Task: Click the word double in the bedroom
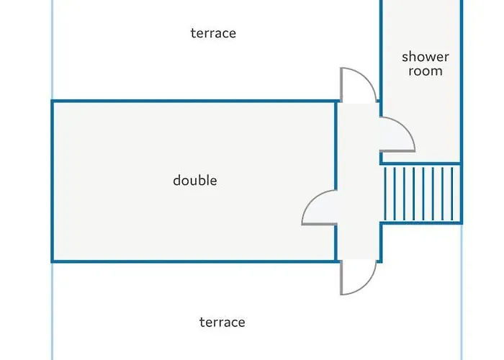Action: (194, 181)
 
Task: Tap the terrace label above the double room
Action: (213, 34)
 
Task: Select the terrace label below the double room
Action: (222, 322)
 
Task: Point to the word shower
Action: (425, 57)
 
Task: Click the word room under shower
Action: (425, 71)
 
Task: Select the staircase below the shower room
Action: (420, 194)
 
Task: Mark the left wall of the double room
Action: (53, 180)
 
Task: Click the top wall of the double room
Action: (194, 102)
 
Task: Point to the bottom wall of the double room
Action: (194, 261)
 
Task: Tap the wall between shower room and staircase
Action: (420, 163)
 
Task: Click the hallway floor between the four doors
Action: (358, 180)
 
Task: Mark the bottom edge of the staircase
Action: (420, 223)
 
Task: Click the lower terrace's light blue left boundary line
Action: (53, 310)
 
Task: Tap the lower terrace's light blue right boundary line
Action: (461, 310)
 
